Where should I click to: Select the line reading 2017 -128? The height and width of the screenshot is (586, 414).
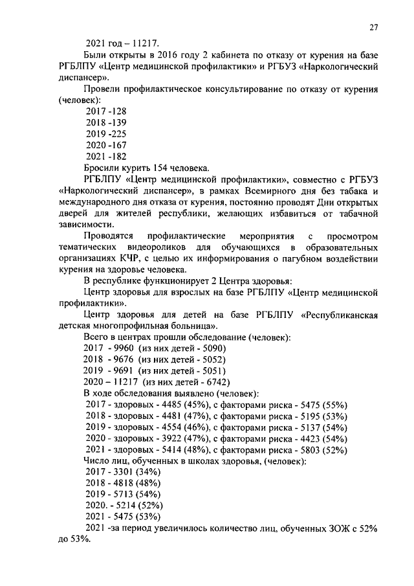tap(105, 111)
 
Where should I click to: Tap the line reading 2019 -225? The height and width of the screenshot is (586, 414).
tap(105, 134)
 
